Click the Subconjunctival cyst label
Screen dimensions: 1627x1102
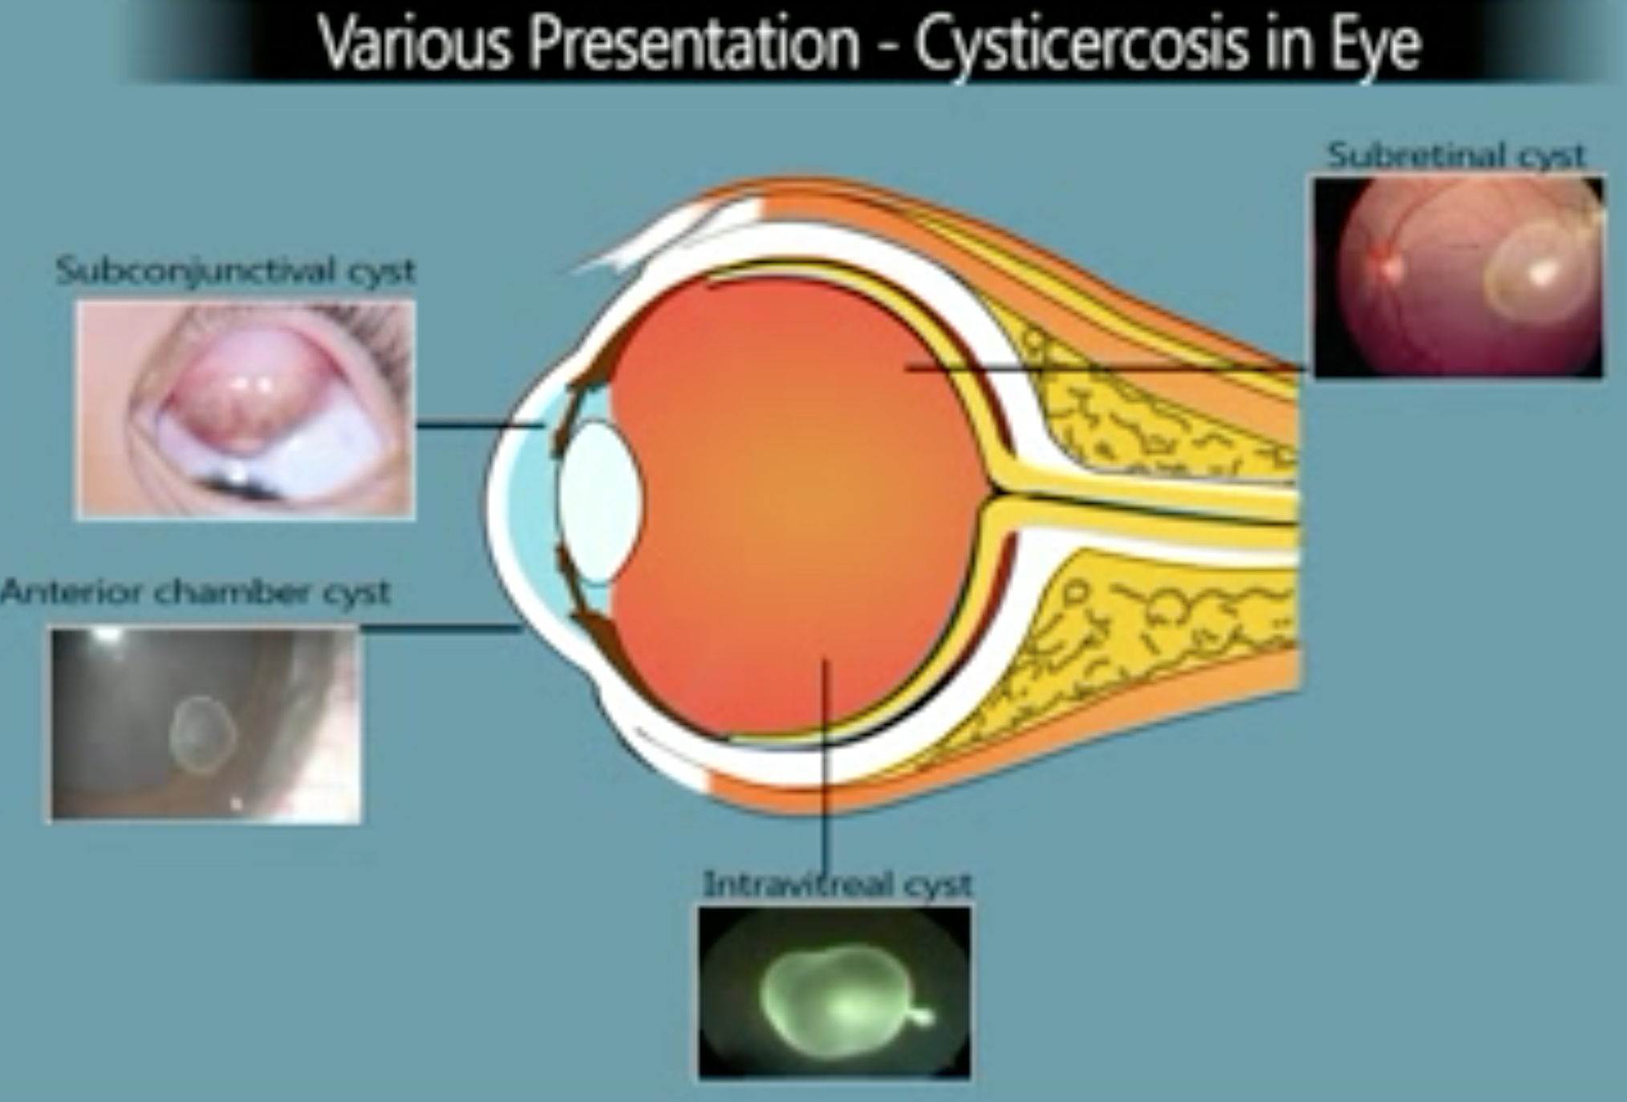point(235,271)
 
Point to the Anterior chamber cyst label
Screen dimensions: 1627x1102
point(195,592)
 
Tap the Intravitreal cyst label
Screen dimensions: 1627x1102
point(838,884)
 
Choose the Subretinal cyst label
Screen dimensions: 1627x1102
point(1456,154)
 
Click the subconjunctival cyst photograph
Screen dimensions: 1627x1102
point(245,409)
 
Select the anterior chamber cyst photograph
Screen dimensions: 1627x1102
point(205,725)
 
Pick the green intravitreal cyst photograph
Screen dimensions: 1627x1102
point(834,992)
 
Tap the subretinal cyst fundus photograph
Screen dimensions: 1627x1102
point(1459,277)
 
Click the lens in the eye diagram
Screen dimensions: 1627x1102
point(600,502)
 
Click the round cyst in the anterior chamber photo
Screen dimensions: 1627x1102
point(203,735)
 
